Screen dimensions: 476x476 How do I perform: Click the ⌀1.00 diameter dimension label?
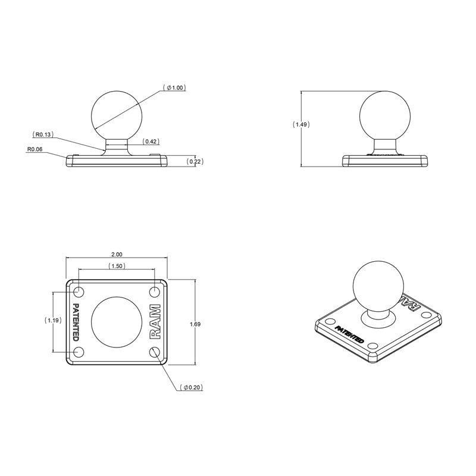(174, 87)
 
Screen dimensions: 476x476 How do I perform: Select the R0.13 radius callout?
(43, 134)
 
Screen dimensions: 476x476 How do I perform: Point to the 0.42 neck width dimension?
(151, 142)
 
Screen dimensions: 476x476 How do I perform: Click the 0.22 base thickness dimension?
(192, 161)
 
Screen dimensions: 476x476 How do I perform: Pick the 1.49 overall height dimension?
(301, 125)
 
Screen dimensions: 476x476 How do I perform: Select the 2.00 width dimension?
(117, 254)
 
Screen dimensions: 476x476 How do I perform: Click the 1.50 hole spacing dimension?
(117, 266)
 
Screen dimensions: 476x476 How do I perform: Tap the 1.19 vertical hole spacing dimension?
(54, 320)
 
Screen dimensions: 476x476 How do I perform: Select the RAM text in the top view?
(155, 322)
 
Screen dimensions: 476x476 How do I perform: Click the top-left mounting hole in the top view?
(79, 292)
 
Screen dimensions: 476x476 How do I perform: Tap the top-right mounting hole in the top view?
(155, 292)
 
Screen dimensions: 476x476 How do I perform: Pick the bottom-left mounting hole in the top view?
(79, 352)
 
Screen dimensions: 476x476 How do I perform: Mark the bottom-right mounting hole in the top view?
(155, 352)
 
